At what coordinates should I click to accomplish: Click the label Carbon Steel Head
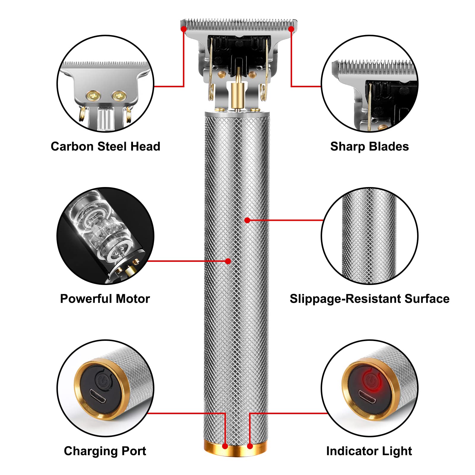(105, 146)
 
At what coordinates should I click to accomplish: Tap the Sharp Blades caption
(369, 146)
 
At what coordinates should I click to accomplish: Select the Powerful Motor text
(105, 299)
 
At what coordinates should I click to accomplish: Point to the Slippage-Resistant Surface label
(369, 299)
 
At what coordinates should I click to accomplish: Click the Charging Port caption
(105, 451)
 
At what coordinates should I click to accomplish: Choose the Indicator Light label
(369, 451)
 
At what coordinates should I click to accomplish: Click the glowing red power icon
(370, 380)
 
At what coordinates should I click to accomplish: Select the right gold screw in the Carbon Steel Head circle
(119, 96)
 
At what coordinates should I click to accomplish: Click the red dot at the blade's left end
(184, 29)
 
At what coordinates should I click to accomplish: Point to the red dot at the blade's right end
(291, 29)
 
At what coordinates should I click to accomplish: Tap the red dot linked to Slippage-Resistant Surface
(247, 220)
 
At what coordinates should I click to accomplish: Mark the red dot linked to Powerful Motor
(228, 261)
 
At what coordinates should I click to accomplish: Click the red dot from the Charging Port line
(225, 446)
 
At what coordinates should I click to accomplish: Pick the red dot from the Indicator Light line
(250, 446)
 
